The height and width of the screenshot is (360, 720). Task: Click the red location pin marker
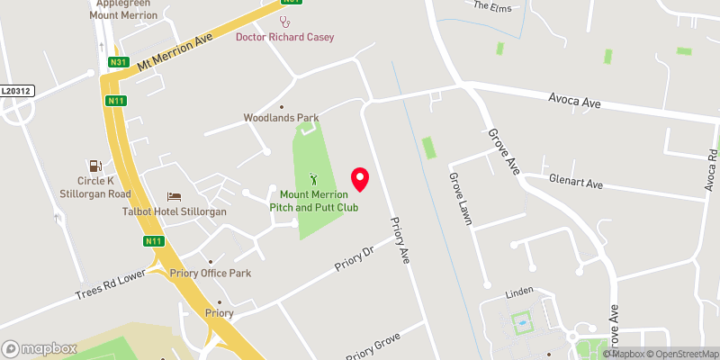click(360, 179)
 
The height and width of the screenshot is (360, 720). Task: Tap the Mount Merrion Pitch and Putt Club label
click(319, 201)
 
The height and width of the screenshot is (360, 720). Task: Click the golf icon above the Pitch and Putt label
click(314, 178)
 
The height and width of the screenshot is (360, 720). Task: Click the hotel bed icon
click(175, 196)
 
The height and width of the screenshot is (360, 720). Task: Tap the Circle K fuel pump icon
click(93, 166)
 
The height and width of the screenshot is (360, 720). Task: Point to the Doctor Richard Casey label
click(284, 37)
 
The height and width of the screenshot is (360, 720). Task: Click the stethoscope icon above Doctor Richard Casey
click(286, 22)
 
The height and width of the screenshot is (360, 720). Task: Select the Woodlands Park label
click(281, 118)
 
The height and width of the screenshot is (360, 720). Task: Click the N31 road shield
click(118, 62)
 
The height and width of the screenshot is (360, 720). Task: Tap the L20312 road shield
click(16, 91)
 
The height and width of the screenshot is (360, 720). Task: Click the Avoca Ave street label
click(577, 102)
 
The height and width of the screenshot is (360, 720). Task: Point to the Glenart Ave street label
click(576, 183)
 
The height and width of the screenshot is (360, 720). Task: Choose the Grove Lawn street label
click(460, 199)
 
